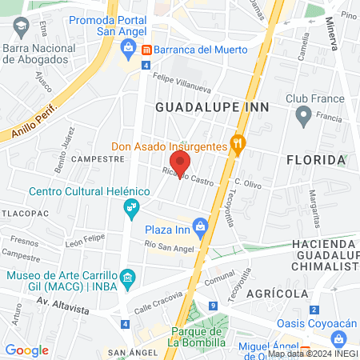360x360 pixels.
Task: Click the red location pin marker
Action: click(x=180, y=163)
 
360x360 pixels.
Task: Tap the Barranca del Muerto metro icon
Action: click(x=146, y=49)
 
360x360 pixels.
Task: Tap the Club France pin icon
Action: click(x=303, y=117)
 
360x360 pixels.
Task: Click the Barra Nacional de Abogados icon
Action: click(x=18, y=29)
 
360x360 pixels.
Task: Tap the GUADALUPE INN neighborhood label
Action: click(x=211, y=106)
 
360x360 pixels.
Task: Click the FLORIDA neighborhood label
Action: click(x=317, y=160)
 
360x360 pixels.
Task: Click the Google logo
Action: click(x=26, y=350)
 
